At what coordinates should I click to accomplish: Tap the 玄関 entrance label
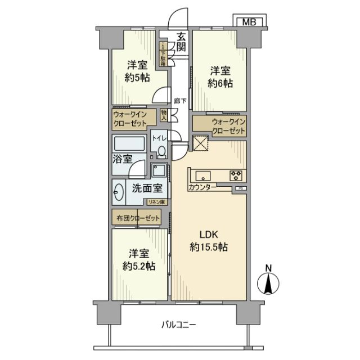tap(181, 42)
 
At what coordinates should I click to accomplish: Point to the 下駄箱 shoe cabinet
tap(163, 55)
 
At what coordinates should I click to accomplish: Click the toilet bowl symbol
tap(161, 151)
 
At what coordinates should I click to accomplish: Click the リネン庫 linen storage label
tap(156, 201)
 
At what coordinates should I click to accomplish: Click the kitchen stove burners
tap(236, 175)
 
